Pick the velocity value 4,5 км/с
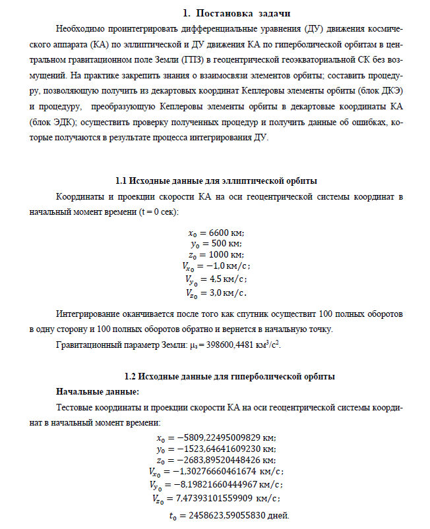coord(223,279)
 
